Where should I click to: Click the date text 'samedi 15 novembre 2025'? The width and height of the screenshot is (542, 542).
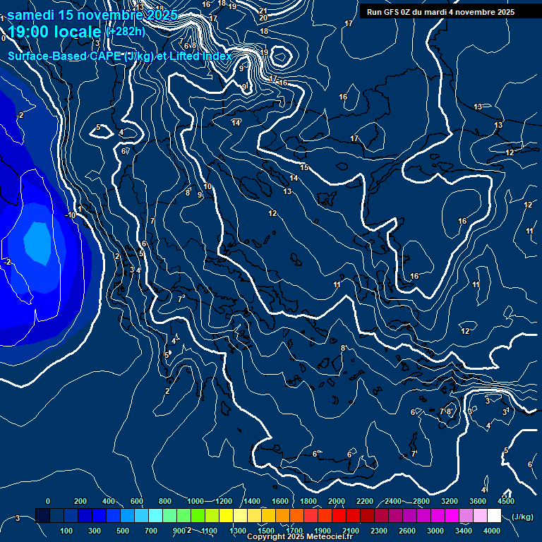coord(92,13)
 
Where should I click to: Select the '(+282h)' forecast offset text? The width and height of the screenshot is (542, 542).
coord(125,32)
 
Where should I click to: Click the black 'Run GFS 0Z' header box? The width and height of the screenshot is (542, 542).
coord(440,12)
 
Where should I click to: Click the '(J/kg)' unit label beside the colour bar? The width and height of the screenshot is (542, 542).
coord(522,517)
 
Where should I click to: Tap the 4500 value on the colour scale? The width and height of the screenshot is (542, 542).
coord(505,501)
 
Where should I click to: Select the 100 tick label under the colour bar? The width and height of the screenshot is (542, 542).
coord(66,531)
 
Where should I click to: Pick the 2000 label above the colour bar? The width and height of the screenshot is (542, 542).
coord(337,501)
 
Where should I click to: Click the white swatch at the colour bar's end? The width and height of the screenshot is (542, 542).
coord(494,516)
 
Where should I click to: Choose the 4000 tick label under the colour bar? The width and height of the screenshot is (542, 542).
coord(491,531)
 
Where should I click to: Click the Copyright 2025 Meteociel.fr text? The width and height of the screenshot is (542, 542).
coord(299,537)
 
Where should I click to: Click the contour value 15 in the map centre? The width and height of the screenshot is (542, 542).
coord(304,167)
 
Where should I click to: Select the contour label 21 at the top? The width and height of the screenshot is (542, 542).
coord(263,11)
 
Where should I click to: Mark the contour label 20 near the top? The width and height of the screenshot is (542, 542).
coord(263,18)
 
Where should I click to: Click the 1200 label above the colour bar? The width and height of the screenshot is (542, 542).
coord(223,501)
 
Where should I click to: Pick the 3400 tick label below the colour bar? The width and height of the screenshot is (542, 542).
coord(463,531)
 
